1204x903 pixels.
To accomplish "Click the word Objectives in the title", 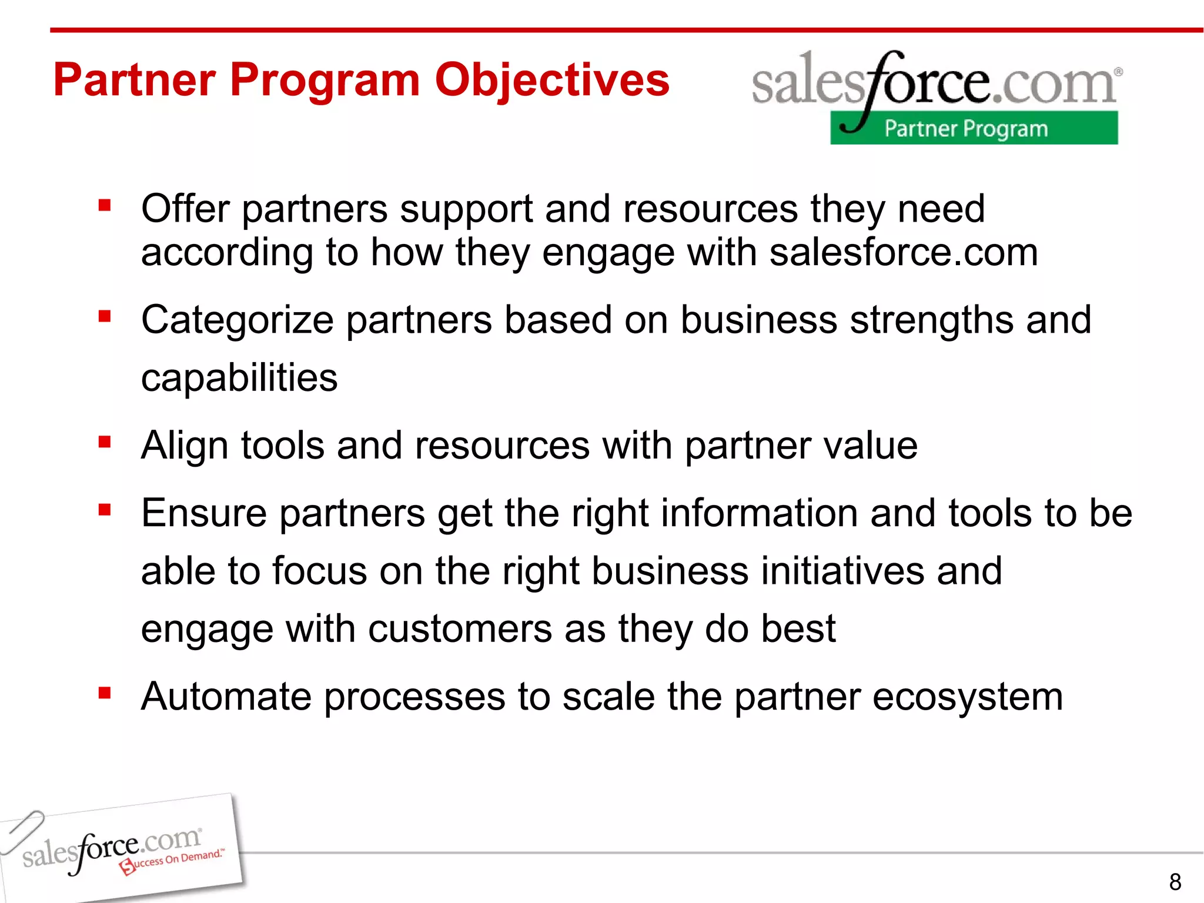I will [x=551, y=81].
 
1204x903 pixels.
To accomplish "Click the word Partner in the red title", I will [x=135, y=81].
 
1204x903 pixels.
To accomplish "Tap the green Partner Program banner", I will [x=974, y=128].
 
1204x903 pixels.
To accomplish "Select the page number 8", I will [x=1175, y=882].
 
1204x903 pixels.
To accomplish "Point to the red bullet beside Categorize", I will [x=105, y=316].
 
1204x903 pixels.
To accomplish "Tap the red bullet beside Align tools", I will [x=105, y=442].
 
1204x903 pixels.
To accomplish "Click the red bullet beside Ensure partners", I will [x=105, y=509].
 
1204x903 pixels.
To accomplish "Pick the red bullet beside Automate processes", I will [x=105, y=693].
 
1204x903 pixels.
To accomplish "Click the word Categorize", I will [x=238, y=321].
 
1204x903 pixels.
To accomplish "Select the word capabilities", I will [x=239, y=378].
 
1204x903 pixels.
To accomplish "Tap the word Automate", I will [x=226, y=697].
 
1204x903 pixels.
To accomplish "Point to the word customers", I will [x=460, y=630].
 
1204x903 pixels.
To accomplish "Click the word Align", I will [x=185, y=446].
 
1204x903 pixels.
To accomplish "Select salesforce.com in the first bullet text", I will [x=904, y=253].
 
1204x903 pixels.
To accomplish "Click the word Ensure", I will [x=204, y=514].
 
